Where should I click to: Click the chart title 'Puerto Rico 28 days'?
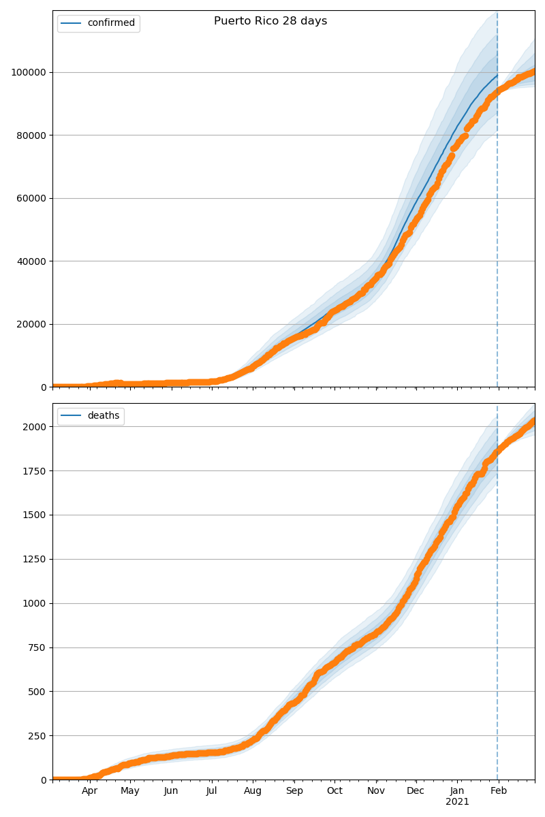tap(270, 21)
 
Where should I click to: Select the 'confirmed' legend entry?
tap(111, 23)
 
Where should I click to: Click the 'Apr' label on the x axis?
tap(89, 791)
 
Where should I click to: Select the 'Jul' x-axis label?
tap(211, 791)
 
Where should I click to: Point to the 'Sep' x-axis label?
tap(294, 791)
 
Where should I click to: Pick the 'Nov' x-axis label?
tap(376, 791)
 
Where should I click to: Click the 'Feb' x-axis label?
tap(499, 791)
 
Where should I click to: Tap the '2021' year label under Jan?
tap(457, 802)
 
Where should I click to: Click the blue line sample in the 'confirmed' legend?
tap(71, 23)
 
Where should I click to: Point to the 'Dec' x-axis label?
tap(416, 791)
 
